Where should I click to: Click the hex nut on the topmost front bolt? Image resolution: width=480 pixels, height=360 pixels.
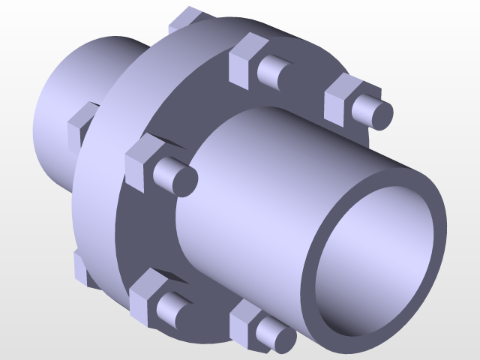click(x=243, y=60)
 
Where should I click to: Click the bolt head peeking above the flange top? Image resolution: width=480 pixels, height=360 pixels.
click(x=186, y=19)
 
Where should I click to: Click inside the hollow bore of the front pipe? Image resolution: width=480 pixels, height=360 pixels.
click(x=375, y=262)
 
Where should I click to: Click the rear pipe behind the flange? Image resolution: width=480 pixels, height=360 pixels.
click(x=82, y=67)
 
